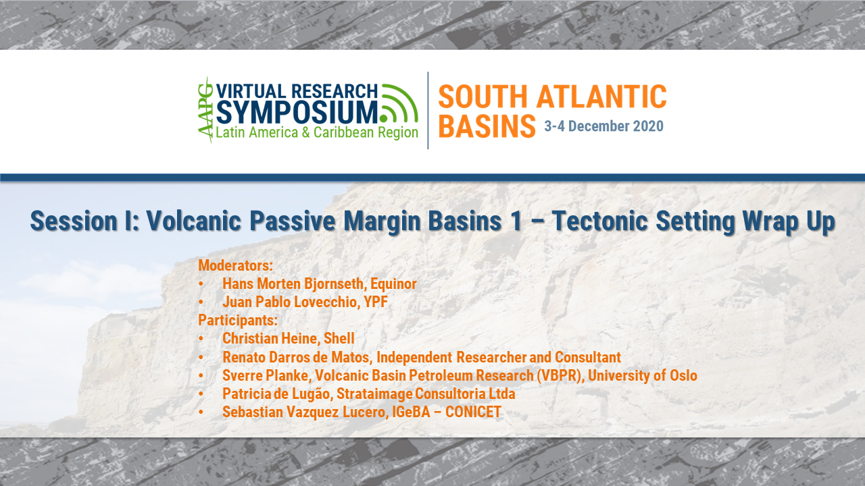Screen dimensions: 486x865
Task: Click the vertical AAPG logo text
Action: point(205,110)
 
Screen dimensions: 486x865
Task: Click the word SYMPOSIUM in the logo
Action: point(297,111)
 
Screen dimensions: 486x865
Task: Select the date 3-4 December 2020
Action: point(603,126)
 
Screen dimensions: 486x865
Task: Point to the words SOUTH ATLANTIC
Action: point(552,97)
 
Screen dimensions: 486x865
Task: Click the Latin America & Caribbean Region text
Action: point(316,132)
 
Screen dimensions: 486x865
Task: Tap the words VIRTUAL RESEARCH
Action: point(297,90)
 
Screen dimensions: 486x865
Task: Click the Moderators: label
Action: point(235,265)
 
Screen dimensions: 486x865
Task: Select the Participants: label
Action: point(238,320)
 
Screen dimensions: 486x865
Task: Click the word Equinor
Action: point(399,283)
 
